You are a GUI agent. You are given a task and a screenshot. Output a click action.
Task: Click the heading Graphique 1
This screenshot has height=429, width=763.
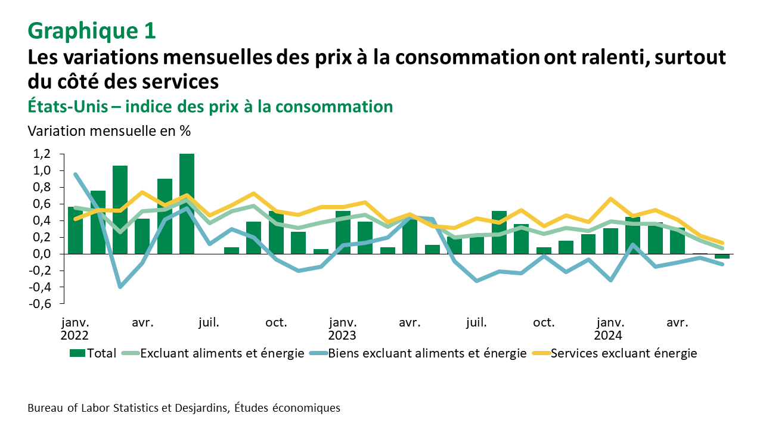coord(92,31)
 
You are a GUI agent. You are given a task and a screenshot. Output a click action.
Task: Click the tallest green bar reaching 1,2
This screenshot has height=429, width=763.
coord(187,204)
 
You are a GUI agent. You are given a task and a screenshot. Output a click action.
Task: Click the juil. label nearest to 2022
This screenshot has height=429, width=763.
coord(209,324)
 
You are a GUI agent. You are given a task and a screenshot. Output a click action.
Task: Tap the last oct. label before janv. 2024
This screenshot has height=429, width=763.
coord(543,324)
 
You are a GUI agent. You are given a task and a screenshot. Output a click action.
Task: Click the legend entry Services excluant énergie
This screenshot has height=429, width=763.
coord(624,353)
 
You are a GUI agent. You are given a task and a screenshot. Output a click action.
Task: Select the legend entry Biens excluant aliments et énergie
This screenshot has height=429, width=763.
coord(427,353)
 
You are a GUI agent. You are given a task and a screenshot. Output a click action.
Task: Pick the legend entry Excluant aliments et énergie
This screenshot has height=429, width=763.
coord(222,353)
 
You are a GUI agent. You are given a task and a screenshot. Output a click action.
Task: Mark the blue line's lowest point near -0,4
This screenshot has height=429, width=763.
coord(120,287)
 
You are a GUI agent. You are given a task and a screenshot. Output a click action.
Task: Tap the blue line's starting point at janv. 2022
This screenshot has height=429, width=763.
coord(76,175)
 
